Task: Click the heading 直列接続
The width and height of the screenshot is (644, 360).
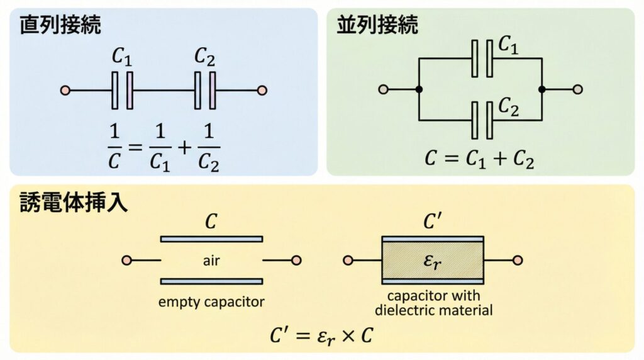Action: pos(61,25)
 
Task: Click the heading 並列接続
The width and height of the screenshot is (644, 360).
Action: pos(377,25)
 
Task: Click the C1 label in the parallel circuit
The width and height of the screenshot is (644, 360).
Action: pos(508,44)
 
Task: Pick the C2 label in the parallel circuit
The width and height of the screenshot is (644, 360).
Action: pos(508,108)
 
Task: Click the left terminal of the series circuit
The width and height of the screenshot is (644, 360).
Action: pos(65,90)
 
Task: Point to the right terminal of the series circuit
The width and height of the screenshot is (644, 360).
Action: pos(262,90)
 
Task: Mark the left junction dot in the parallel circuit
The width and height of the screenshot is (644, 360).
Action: pos(419,89)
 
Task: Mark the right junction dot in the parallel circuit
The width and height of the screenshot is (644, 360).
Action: pos(542,89)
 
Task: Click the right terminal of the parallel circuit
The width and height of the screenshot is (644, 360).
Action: pos(578,89)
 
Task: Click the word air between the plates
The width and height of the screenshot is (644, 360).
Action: pos(211,260)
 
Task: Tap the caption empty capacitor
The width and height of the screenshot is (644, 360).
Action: pos(211,301)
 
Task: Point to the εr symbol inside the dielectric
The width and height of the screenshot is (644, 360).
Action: pos(433,261)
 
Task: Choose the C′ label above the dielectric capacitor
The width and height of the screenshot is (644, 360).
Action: pos(433,222)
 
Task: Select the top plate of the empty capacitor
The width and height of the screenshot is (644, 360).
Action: pos(211,239)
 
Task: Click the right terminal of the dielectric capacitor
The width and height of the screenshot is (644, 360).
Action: pos(518,260)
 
